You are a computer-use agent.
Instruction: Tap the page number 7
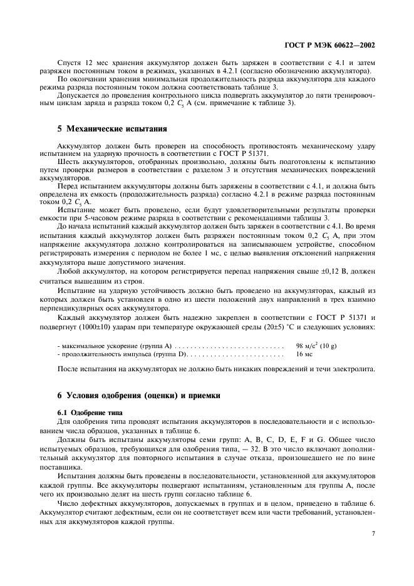click(x=373, y=534)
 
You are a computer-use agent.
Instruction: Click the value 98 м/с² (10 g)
click(x=320, y=345)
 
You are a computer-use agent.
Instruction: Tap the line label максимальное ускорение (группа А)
click(x=113, y=345)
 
